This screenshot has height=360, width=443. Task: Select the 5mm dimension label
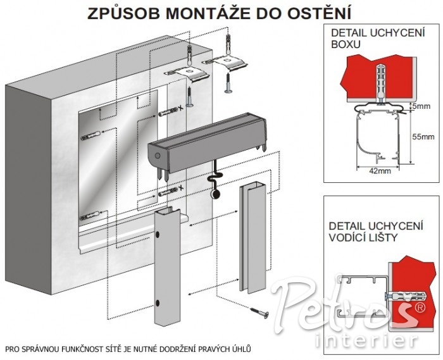[421, 106]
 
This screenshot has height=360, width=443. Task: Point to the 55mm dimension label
[423, 137]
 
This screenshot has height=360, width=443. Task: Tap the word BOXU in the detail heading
[346, 45]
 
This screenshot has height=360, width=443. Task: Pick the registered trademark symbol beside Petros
[420, 307]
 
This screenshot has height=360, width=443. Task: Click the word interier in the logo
[366, 340]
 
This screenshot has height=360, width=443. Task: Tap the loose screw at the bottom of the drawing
[259, 312]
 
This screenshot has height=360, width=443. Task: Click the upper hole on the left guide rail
[158, 234]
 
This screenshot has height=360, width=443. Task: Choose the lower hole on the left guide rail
[158, 303]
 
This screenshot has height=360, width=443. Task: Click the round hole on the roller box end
[158, 155]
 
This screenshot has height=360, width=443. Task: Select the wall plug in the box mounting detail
[381, 82]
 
